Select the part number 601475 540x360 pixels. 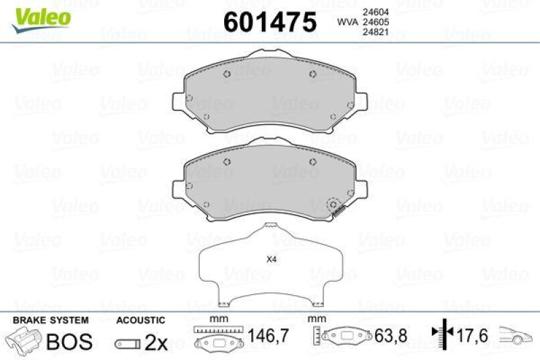click(269, 22)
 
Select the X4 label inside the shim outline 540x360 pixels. click(271, 259)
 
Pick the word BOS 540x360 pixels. click(68, 342)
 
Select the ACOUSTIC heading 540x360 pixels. click(140, 319)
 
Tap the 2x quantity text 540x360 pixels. click(156, 342)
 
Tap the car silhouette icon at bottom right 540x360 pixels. click(516, 335)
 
